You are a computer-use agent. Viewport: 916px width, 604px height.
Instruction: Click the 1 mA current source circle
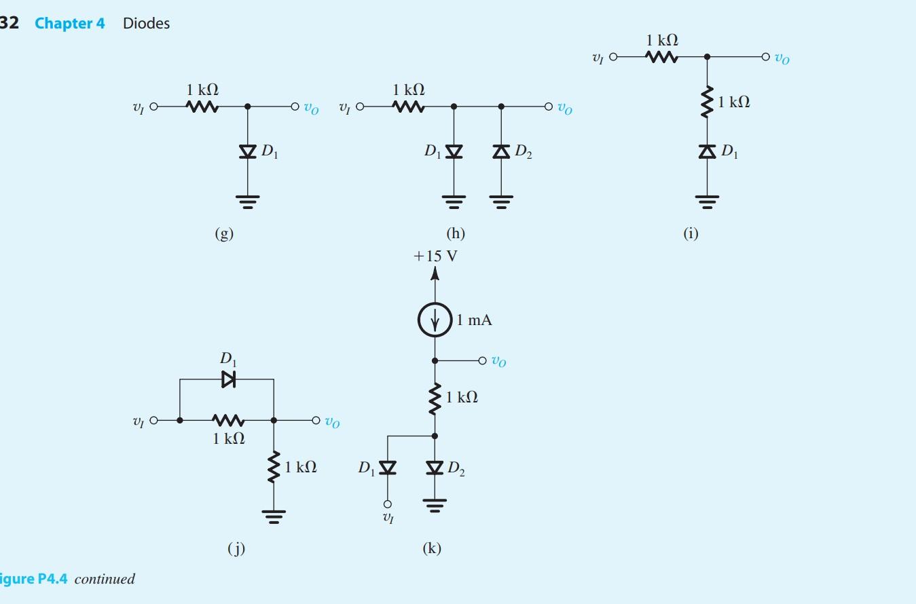435,319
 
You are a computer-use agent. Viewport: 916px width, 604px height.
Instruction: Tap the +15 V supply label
435,257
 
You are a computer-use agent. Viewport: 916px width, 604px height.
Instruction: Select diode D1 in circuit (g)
248,151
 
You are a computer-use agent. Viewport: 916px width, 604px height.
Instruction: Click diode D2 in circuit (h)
501,151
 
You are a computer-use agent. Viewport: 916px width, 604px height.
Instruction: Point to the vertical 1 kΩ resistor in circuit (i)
707,102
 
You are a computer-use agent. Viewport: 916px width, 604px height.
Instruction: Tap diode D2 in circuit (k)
435,468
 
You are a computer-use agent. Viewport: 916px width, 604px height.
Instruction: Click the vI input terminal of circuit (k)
388,504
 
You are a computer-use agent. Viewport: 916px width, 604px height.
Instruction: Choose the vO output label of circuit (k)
498,361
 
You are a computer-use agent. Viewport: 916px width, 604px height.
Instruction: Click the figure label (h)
456,233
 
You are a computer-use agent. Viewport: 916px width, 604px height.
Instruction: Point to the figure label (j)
236,549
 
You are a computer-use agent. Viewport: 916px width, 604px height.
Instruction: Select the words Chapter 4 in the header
70,23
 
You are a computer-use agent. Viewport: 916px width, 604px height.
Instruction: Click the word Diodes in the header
146,23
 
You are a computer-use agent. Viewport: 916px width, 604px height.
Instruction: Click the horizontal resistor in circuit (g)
202,107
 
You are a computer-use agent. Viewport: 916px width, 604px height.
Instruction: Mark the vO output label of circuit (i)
782,58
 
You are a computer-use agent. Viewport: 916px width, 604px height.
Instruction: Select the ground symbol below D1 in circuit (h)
454,201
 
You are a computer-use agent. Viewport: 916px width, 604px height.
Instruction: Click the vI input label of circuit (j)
139,421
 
